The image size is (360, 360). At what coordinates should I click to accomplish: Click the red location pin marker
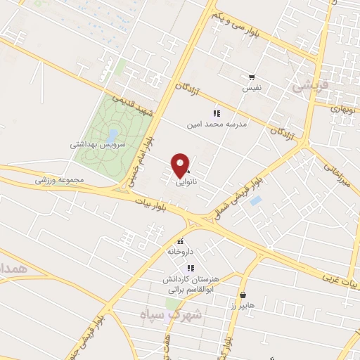[181, 165]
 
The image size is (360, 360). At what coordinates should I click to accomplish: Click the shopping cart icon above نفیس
[251, 77]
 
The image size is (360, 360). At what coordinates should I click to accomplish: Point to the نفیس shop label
[252, 89]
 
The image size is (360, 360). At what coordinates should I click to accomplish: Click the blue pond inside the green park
[112, 134]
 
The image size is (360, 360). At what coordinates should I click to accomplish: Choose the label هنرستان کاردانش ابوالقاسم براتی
[190, 283]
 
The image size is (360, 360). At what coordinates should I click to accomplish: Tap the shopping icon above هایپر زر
[243, 295]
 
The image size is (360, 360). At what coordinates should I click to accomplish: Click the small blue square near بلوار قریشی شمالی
[255, 200]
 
